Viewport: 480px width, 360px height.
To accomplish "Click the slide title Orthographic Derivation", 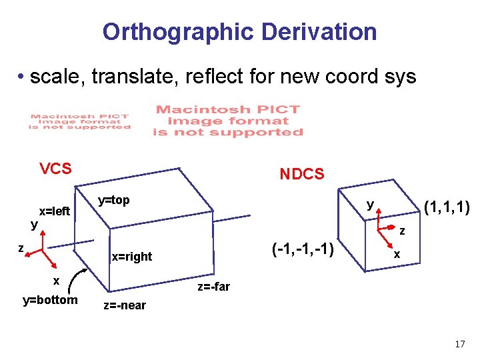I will coord(239,31).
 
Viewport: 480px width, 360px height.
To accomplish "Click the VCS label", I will coord(55,169).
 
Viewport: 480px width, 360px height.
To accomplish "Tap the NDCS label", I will coord(301,175).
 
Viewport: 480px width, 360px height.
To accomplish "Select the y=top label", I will coord(113,200).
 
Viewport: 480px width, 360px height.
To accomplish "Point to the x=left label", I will coord(55,211).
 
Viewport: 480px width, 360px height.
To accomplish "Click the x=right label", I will coord(131,257).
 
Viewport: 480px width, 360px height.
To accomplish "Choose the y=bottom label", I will coord(50,300).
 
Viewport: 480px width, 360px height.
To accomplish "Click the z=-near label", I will coord(124,306).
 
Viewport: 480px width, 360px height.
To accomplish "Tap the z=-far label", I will coord(213,287).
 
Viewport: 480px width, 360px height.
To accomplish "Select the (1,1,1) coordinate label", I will coord(447,209).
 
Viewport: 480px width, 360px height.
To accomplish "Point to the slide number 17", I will coord(459,345).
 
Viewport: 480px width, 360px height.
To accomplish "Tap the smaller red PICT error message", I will coord(79,121).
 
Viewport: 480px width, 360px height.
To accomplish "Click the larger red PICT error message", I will coord(227,121).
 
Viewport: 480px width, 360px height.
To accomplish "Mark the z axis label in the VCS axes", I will coord(21,249).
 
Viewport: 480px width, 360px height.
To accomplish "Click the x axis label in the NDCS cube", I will coord(397,255).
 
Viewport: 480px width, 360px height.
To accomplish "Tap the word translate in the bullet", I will coord(139,77).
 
